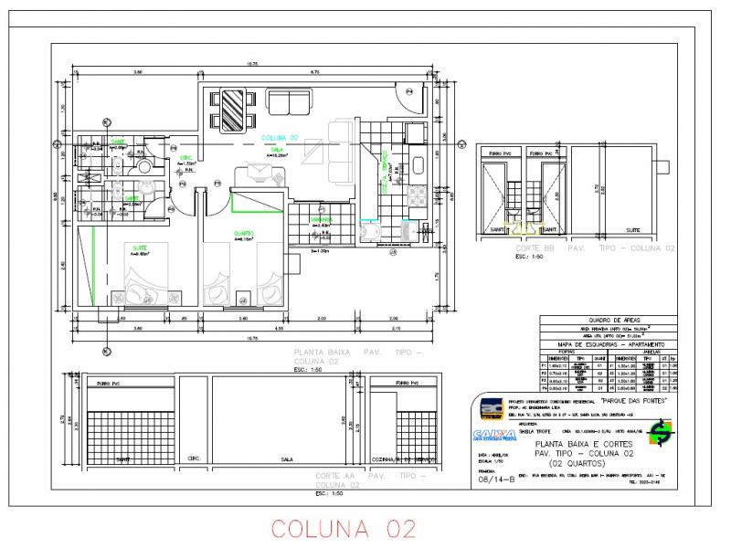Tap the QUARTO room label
(244, 232)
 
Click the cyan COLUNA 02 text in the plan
(280, 137)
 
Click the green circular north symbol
(660, 438)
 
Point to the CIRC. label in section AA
(194, 458)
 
